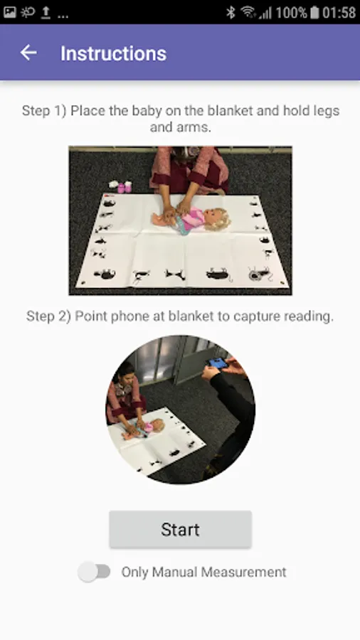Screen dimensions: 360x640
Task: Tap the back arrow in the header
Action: [x=28, y=53]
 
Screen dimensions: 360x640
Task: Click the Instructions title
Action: [x=113, y=53]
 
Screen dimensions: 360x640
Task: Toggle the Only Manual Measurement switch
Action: [x=95, y=572]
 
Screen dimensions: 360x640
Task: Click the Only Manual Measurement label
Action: [x=203, y=572]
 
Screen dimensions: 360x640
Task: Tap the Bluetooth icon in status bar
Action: [x=231, y=12]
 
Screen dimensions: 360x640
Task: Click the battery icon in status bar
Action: [x=314, y=12]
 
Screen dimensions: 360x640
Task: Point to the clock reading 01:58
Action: [x=339, y=12]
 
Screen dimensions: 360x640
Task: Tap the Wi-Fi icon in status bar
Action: [x=248, y=12]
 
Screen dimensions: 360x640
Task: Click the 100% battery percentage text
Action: [x=292, y=12]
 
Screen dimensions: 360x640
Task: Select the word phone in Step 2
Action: [x=146, y=316]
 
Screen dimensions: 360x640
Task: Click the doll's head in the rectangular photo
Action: [x=217, y=220]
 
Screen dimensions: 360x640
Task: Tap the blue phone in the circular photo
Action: [x=217, y=362]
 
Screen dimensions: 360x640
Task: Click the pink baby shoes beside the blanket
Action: [x=125, y=187]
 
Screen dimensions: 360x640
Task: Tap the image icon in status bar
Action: [x=9, y=12]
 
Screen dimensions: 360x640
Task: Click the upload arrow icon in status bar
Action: [x=46, y=13]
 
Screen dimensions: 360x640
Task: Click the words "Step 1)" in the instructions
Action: [x=44, y=111]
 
